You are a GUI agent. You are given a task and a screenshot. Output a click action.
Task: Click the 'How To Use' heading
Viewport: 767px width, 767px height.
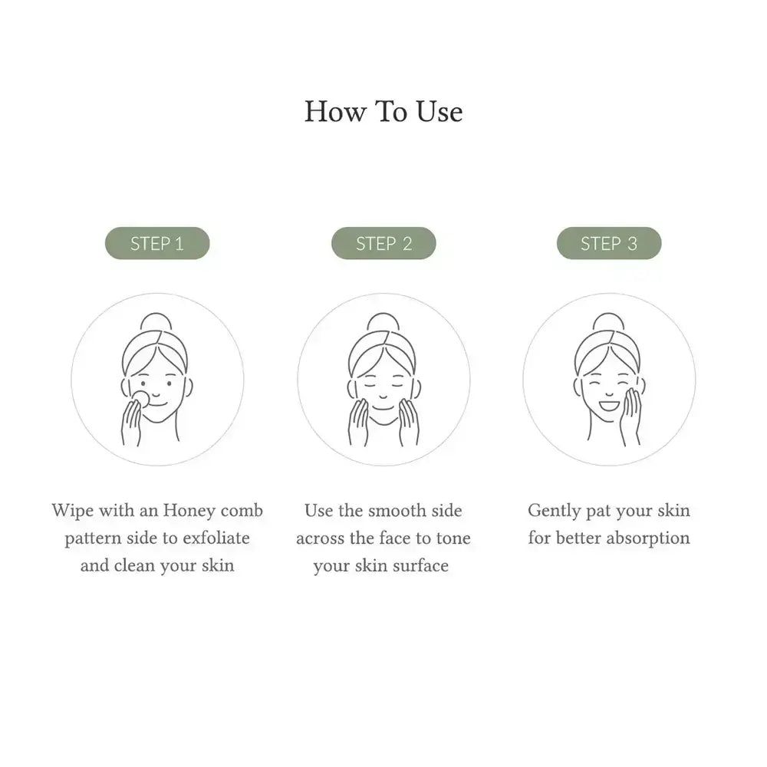(x=383, y=112)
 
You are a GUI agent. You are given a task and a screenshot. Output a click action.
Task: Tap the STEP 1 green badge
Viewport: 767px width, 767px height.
(x=157, y=243)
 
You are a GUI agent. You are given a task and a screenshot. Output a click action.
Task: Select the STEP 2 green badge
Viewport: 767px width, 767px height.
(x=383, y=243)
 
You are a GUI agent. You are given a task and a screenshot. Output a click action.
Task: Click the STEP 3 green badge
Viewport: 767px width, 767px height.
(x=609, y=243)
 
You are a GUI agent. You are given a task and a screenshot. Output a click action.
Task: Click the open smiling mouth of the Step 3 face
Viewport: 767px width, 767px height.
(x=610, y=406)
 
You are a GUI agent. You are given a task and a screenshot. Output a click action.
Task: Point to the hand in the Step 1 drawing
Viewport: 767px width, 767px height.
(x=131, y=422)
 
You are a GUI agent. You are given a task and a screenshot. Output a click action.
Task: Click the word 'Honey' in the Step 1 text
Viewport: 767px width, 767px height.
(x=189, y=511)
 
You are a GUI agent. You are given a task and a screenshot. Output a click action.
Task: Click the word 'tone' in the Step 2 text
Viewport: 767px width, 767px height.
(x=453, y=538)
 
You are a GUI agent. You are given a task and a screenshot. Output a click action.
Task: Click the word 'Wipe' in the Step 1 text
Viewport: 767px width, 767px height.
(x=73, y=511)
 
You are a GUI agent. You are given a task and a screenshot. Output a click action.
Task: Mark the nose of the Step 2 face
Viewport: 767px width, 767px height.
(x=383, y=395)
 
